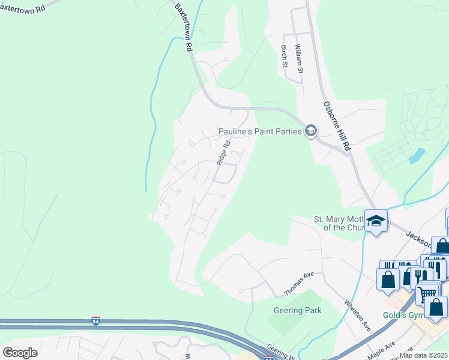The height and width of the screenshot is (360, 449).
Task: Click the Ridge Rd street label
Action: pyautogui.click(x=224, y=154)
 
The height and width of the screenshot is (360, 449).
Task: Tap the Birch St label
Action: pyautogui.click(x=285, y=56)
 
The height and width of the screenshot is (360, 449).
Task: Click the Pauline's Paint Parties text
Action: pyautogui.click(x=259, y=131)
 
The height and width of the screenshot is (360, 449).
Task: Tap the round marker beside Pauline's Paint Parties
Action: pyautogui.click(x=311, y=131)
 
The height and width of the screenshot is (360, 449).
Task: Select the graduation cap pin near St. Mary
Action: pyautogui.click(x=376, y=221)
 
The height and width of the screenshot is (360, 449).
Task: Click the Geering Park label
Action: pyautogui.click(x=298, y=310)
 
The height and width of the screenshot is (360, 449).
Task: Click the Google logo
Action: pyautogui.click(x=20, y=353)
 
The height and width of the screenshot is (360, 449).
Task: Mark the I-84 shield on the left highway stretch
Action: pyautogui.click(x=95, y=320)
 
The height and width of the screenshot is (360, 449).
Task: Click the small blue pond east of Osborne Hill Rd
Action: pyautogui.click(x=417, y=155)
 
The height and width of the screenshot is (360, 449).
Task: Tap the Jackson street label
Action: pyautogui.click(x=419, y=240)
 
